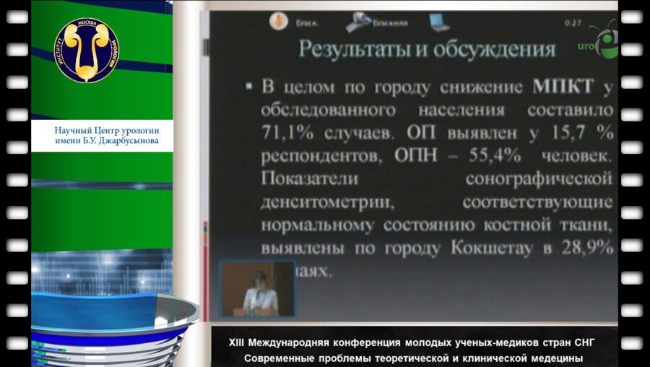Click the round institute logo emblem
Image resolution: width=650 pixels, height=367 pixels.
click(87, 50)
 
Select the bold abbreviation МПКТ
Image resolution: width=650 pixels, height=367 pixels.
click(563, 88)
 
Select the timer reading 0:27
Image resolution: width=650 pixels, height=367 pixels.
click(573, 22)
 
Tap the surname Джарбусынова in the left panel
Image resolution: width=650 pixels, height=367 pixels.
click(127, 140)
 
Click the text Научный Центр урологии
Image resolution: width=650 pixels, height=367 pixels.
click(106, 130)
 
